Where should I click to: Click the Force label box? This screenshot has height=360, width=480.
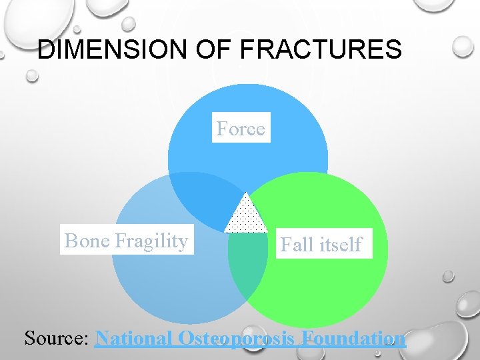click(241, 128)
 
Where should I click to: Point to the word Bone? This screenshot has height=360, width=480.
click(87, 241)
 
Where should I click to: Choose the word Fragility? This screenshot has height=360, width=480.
click(151, 241)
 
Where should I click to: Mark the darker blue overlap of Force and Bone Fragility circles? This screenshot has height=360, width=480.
click(200, 200)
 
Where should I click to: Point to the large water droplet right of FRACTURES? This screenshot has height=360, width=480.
click(462, 47)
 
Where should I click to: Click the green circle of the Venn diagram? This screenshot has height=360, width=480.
click(333, 287)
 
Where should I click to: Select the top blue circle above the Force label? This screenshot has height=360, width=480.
click(247, 100)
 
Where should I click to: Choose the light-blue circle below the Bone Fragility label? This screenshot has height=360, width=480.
click(160, 287)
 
